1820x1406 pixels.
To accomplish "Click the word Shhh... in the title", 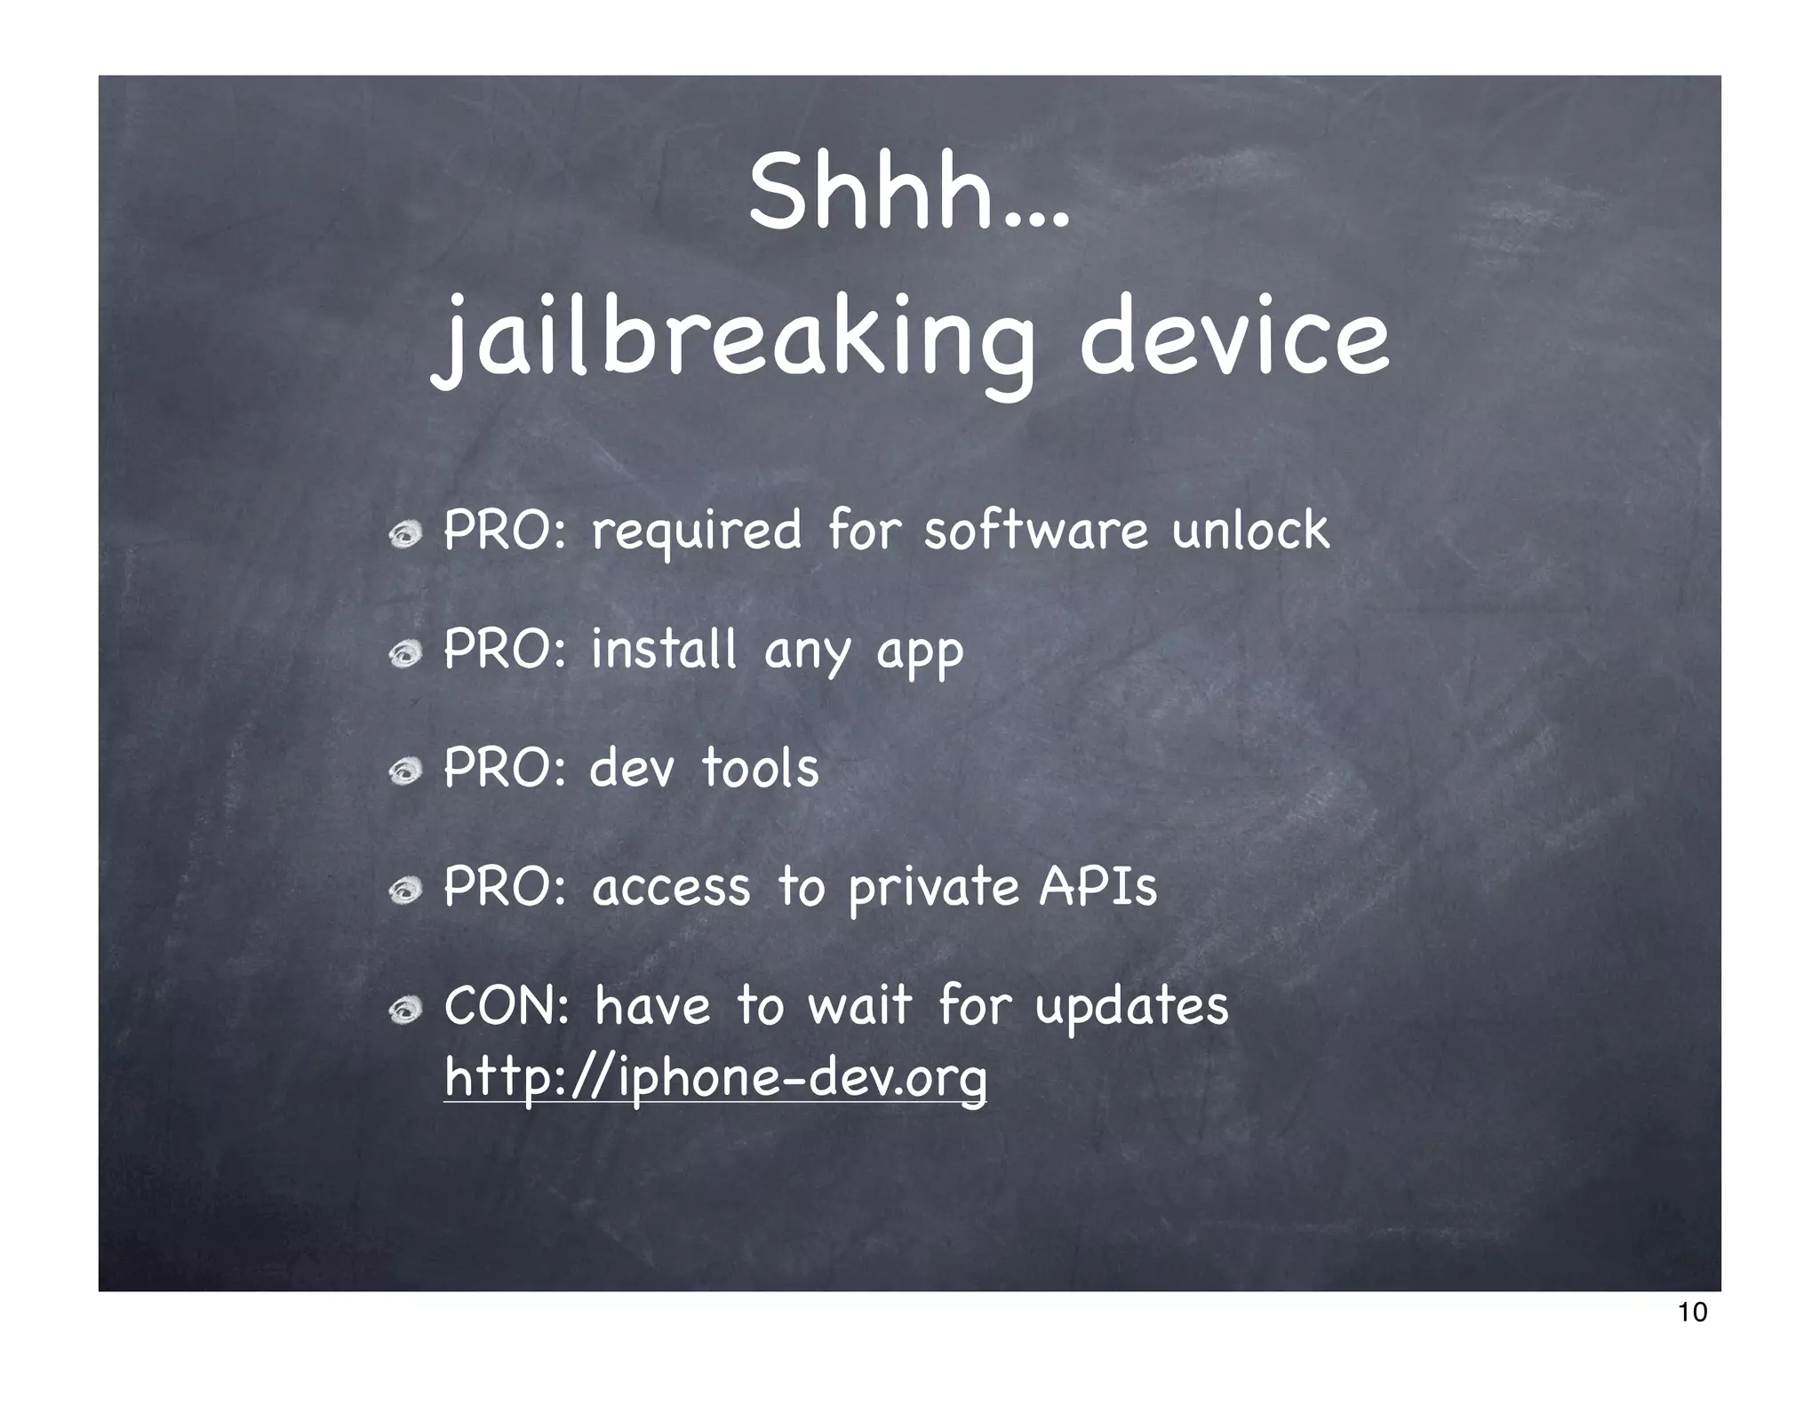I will (908, 192).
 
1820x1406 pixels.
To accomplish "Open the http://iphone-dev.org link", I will (715, 1079).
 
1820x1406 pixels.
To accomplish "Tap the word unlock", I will (1250, 531).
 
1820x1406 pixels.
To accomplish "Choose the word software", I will (1035, 531).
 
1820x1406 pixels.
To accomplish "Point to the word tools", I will (761, 768).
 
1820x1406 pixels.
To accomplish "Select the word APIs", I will (1098, 887).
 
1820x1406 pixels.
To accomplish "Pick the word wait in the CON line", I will (859, 1007).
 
